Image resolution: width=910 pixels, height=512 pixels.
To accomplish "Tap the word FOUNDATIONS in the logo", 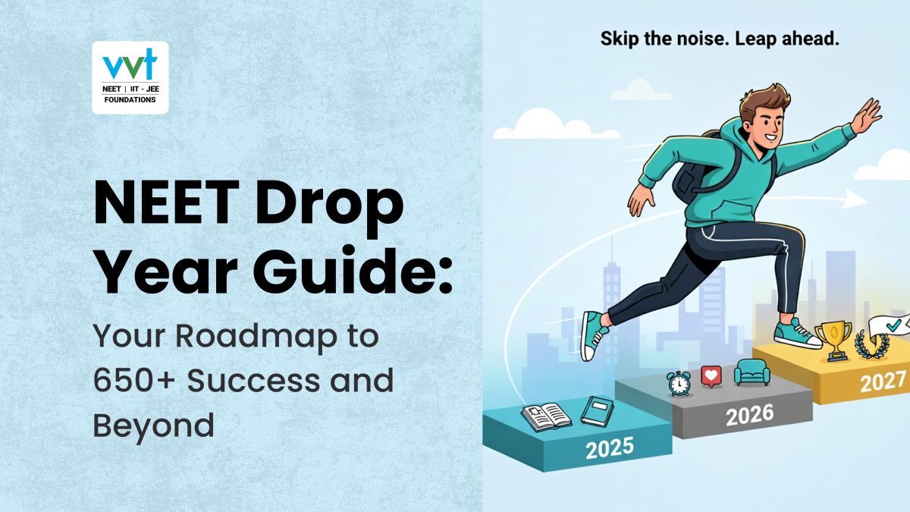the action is point(130,99).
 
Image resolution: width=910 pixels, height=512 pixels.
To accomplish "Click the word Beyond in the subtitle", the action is point(154,426).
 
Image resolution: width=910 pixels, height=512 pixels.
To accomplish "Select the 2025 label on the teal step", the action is point(610,448).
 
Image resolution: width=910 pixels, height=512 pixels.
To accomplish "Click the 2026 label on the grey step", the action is point(749,415).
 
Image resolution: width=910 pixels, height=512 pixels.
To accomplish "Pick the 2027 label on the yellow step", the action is point(883,382).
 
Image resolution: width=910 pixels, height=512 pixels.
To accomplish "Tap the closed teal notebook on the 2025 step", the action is point(597,411).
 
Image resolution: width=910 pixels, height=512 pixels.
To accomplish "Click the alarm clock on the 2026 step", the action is point(679,383).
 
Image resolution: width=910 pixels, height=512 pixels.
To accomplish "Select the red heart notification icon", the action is point(711,376).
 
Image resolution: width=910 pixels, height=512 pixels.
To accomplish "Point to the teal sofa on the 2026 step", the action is point(752,372).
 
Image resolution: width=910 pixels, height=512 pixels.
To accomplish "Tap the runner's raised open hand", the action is point(865,116).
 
